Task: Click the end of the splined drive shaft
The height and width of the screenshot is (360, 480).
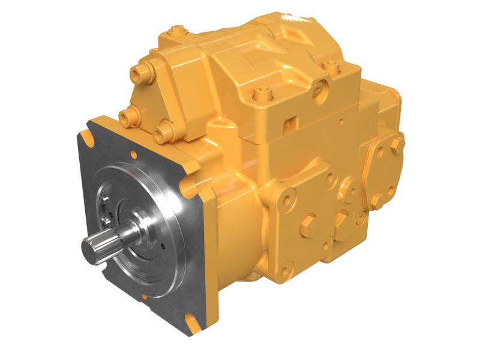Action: pos(92,248)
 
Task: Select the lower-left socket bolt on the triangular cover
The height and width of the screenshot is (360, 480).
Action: pos(126,115)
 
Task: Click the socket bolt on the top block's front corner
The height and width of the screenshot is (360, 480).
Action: pos(260,94)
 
